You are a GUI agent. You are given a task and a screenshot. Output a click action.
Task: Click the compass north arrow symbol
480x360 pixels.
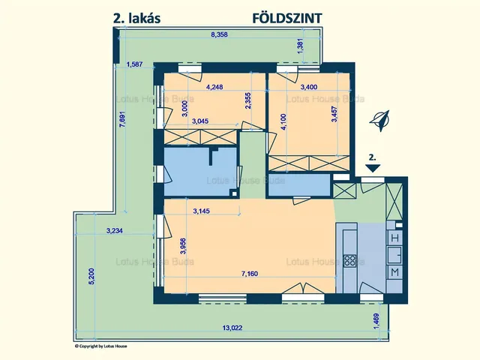click(x=383, y=119)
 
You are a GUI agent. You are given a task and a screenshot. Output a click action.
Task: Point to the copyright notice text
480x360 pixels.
click(x=106, y=346)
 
